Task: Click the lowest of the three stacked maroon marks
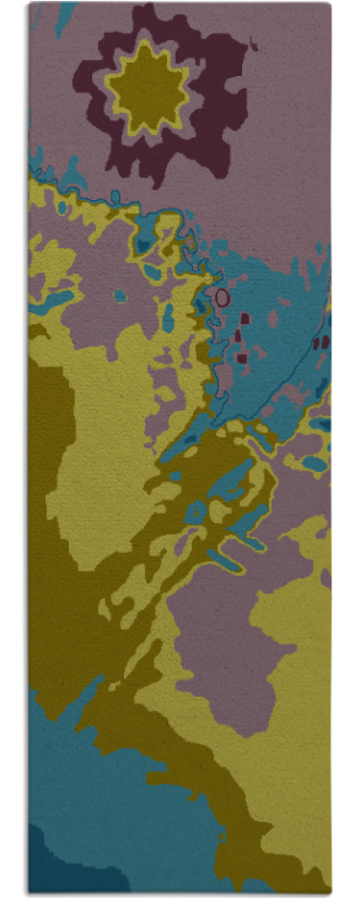click(x=241, y=357)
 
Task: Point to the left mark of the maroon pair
click(x=316, y=342)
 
